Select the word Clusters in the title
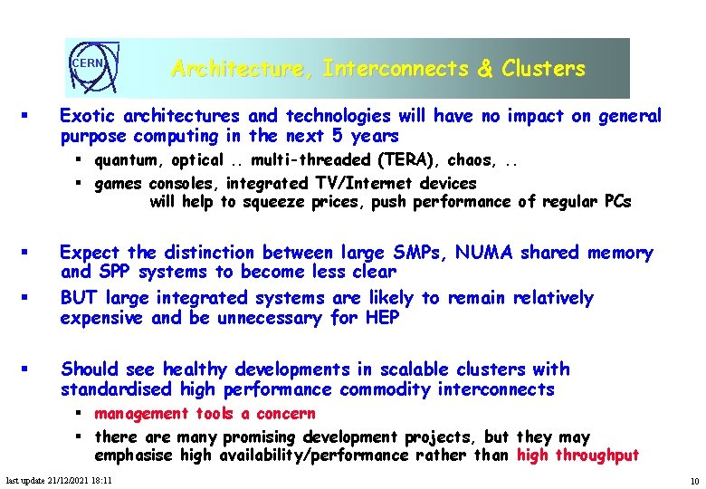pos(543,69)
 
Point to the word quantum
pos(125,160)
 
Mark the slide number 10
pos(693,480)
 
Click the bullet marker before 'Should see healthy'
pos(28,369)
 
